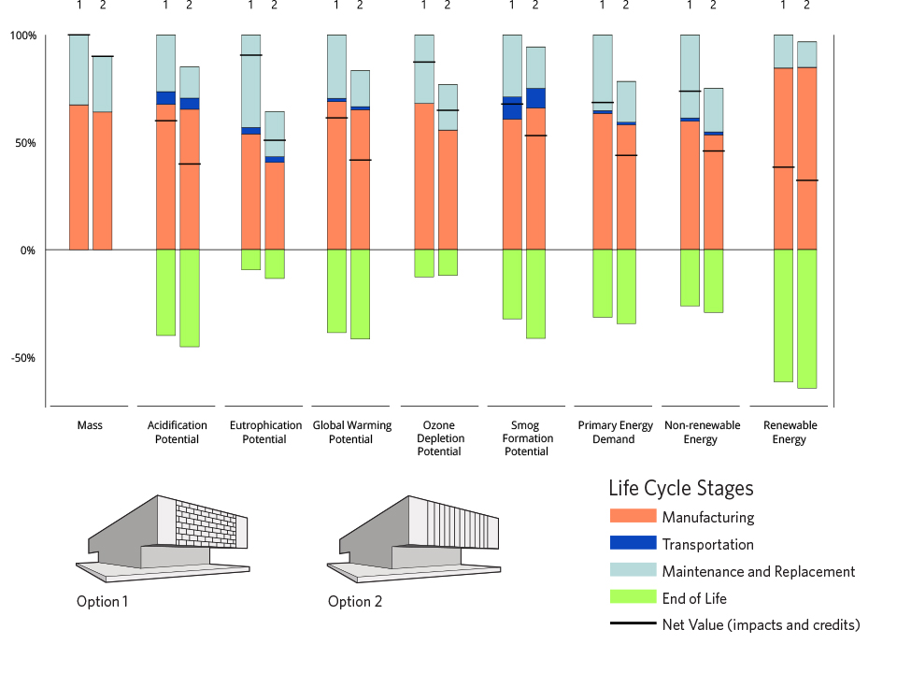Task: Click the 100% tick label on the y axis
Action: tap(22, 36)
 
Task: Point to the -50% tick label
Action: tap(22, 358)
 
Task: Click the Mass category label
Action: tap(90, 425)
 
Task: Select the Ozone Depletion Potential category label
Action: tap(439, 438)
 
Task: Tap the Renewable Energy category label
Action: tap(790, 432)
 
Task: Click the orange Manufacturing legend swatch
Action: tap(632, 517)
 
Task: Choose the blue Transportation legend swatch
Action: tap(632, 544)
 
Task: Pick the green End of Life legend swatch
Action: tap(632, 598)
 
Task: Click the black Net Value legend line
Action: tap(632, 624)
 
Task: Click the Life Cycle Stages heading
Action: tap(680, 488)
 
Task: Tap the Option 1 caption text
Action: tap(102, 601)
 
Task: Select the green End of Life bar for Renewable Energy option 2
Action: tap(806, 318)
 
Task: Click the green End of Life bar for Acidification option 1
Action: tap(165, 292)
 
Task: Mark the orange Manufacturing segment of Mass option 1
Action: tap(78, 178)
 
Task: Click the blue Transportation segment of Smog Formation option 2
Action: tap(535, 98)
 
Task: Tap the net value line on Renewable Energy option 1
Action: tap(783, 167)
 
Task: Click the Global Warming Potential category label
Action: tap(351, 432)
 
